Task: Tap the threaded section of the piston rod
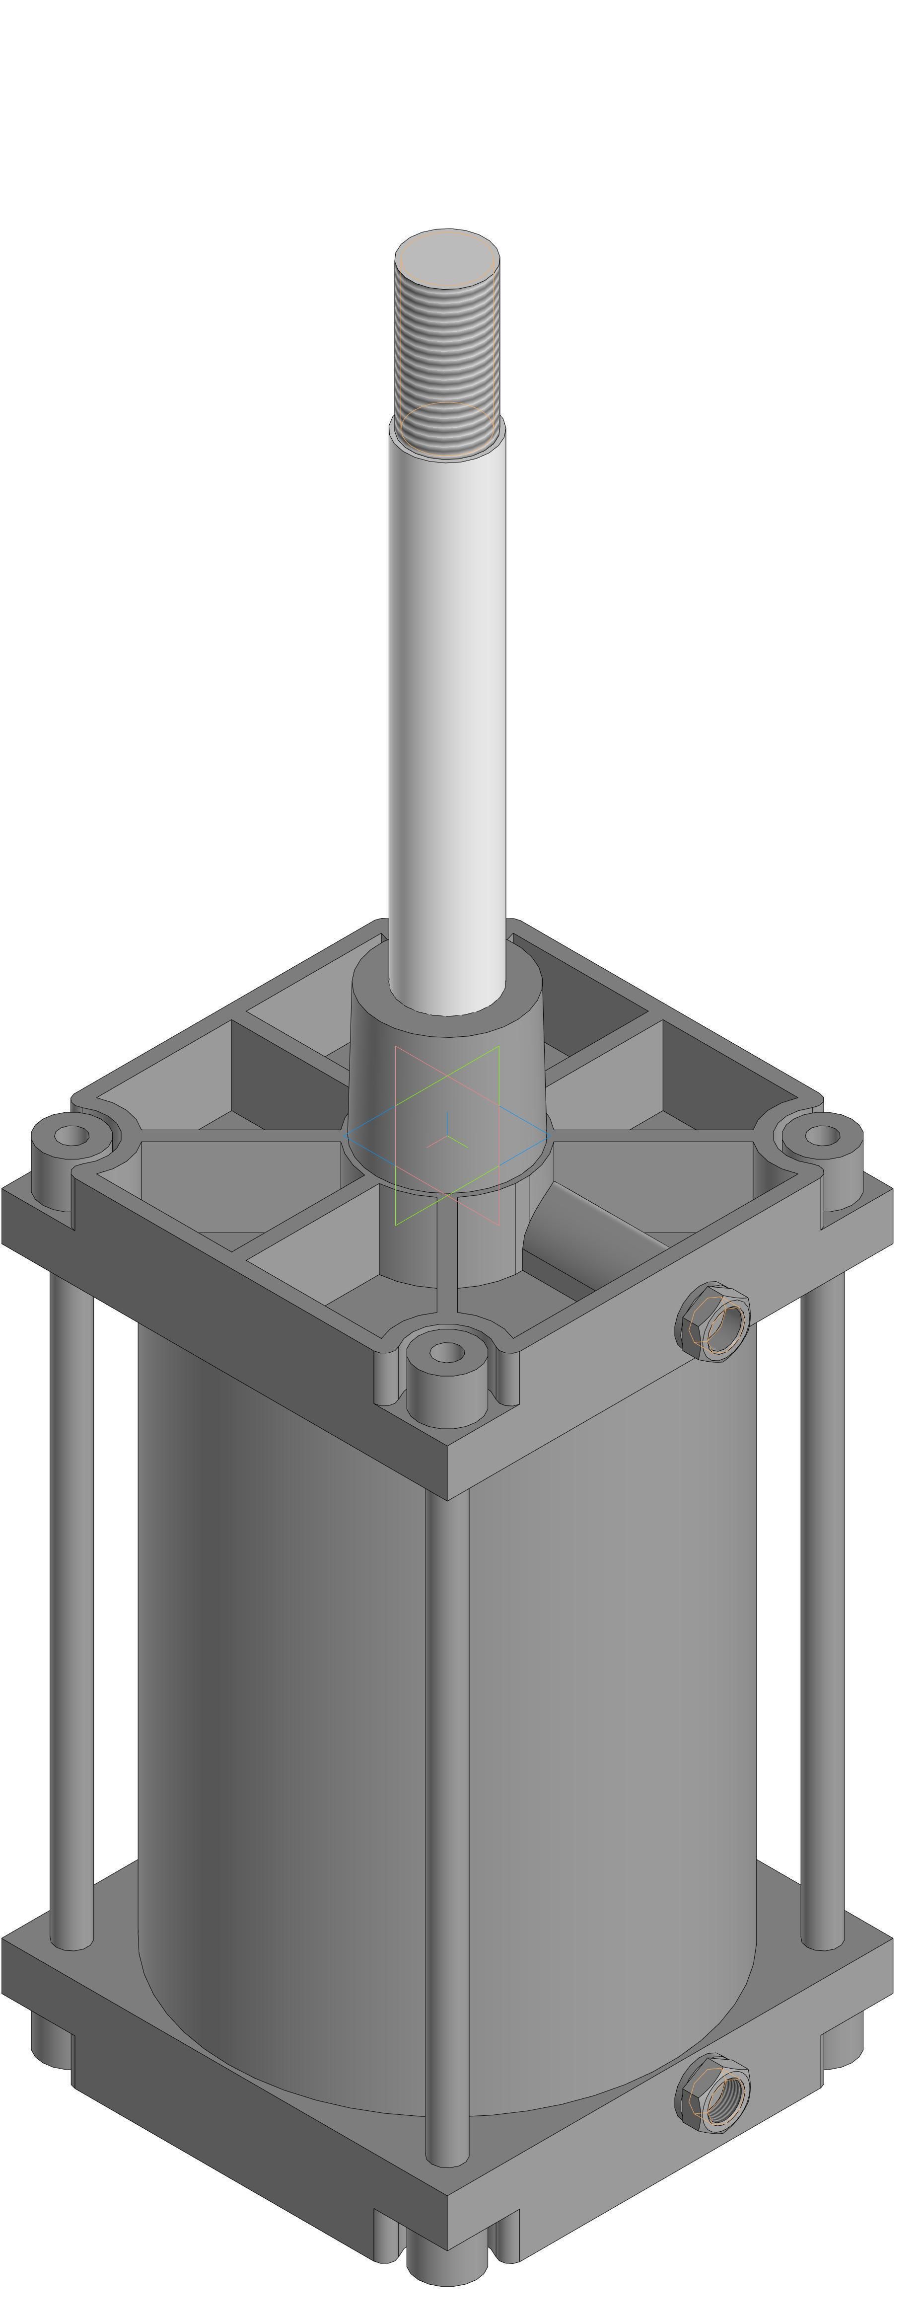(x=447, y=360)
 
